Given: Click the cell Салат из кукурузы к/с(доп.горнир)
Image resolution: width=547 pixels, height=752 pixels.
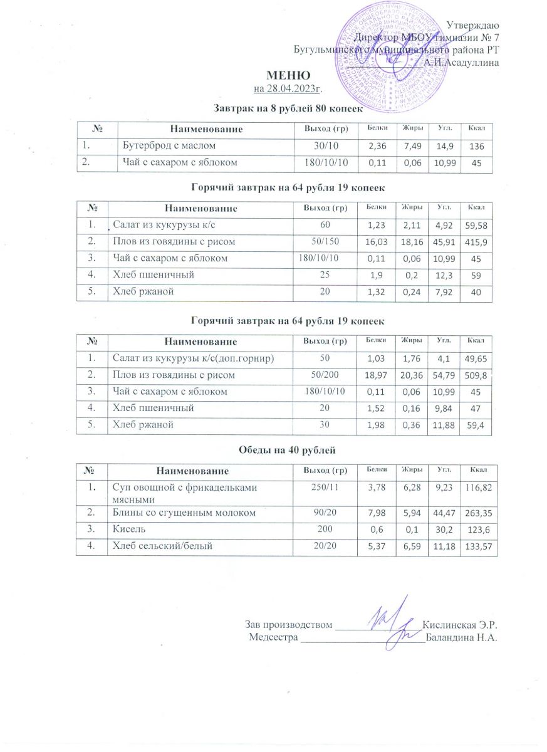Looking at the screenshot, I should (193, 358).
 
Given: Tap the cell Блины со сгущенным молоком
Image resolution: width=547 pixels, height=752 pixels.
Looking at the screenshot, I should (184, 513).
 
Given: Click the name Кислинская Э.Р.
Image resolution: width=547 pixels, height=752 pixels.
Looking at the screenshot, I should (460, 625).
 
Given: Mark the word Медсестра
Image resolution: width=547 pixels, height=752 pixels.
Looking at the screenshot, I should (274, 638).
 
